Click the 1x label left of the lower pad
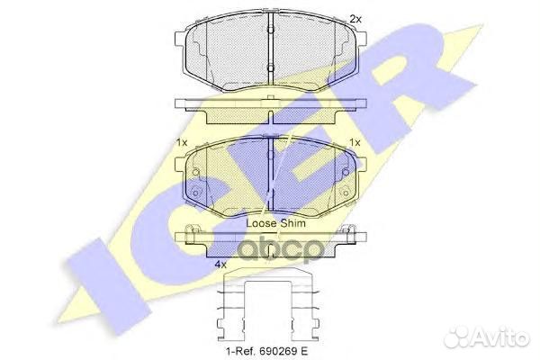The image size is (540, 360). pos(182,142)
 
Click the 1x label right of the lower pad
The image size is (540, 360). pos(355,142)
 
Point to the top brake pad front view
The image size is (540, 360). pos(270,49)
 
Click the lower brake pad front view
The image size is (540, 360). pos(270,173)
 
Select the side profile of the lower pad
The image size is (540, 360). pos(270,238)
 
